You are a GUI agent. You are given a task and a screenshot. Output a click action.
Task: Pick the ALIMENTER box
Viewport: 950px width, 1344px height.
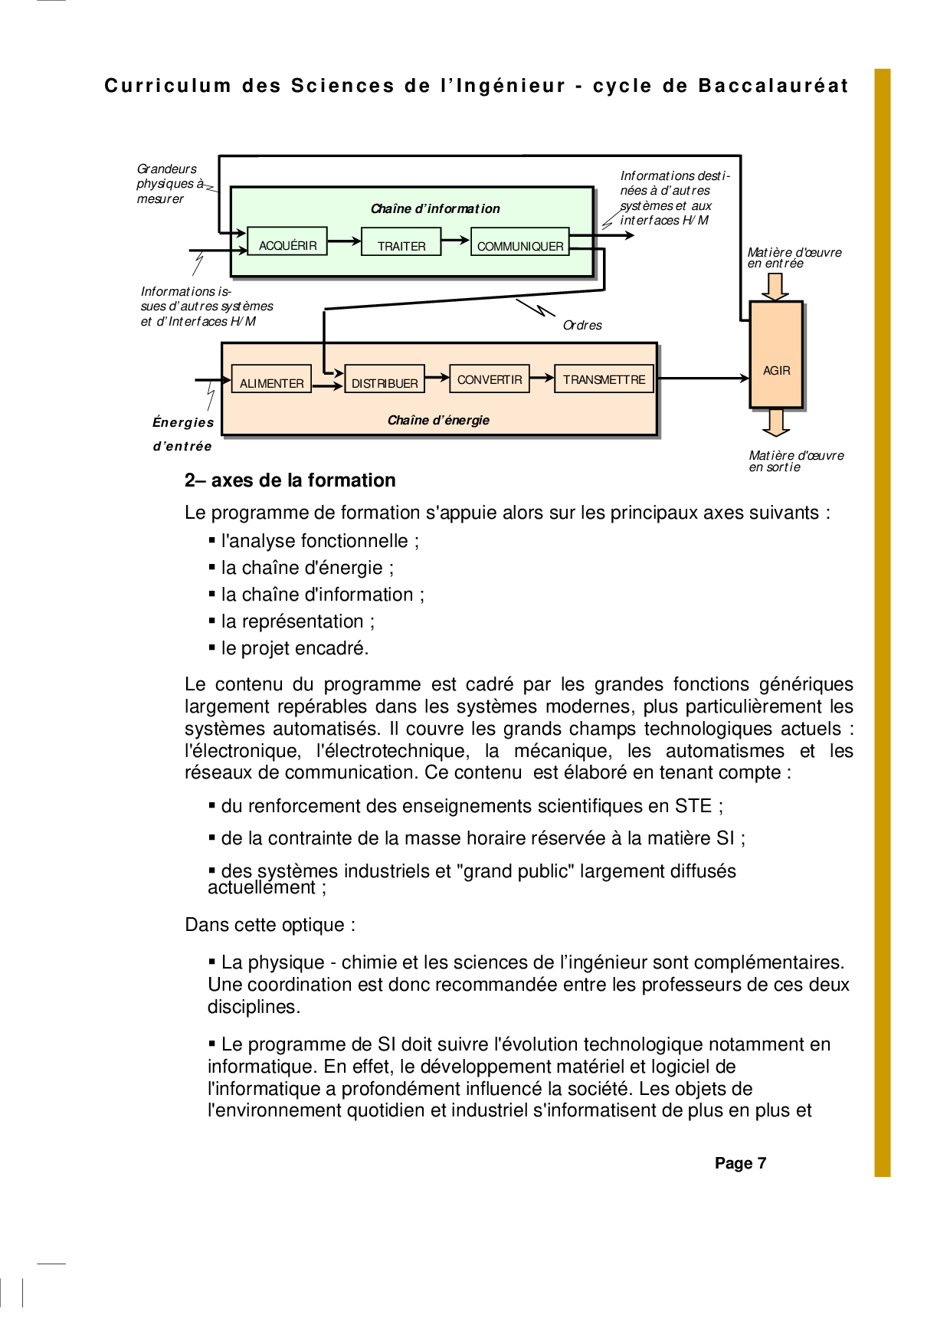271,379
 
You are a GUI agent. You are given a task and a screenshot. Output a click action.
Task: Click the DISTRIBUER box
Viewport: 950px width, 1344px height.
385,379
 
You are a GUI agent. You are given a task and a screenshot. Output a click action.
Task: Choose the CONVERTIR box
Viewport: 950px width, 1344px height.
489,379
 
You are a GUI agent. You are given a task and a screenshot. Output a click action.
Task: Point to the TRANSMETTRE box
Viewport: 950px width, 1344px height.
604,379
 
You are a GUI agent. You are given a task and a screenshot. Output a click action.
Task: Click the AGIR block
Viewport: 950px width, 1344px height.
776,355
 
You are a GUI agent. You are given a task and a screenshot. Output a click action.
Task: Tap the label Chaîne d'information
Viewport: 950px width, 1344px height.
435,208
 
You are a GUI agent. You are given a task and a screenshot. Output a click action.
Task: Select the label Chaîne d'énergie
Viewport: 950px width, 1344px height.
438,420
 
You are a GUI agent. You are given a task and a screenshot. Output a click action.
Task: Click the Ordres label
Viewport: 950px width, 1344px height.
582,326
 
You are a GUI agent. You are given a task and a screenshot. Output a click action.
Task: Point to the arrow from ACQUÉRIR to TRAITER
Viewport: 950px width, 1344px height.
344,241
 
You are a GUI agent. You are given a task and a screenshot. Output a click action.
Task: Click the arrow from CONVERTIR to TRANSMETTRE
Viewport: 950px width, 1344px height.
542,377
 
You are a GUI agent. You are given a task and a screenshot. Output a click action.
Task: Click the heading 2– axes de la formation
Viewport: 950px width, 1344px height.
290,480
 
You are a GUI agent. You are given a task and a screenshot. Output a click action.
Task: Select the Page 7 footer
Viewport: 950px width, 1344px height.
740,1163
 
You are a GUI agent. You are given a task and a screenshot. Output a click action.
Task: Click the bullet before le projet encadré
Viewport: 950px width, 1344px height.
212,647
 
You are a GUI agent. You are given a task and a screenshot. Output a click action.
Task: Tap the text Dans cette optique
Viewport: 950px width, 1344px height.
270,925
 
